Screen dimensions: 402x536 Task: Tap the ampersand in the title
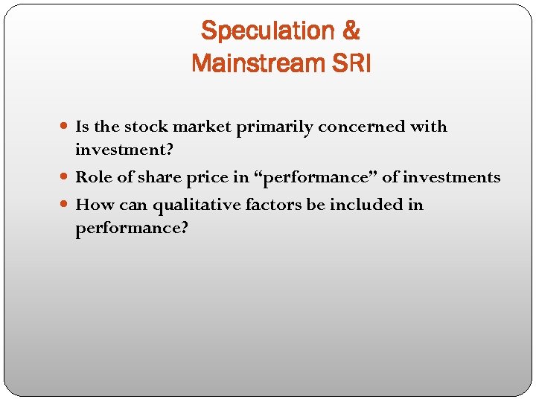(x=351, y=31)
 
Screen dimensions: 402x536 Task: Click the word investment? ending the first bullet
(x=124, y=150)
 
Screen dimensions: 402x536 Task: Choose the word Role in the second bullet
(x=92, y=177)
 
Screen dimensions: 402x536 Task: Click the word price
(x=203, y=178)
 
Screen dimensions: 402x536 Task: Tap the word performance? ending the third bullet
(x=132, y=228)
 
